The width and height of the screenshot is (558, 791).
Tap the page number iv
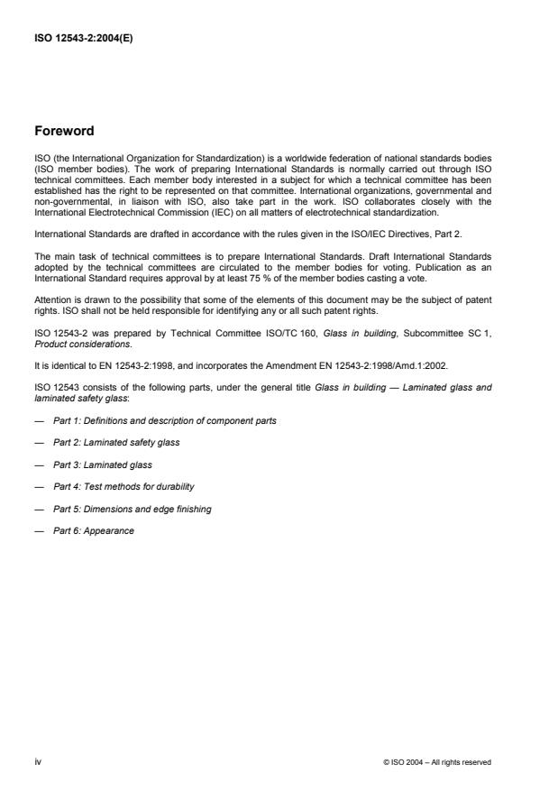point(38,761)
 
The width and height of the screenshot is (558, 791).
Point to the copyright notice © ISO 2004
point(437,762)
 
